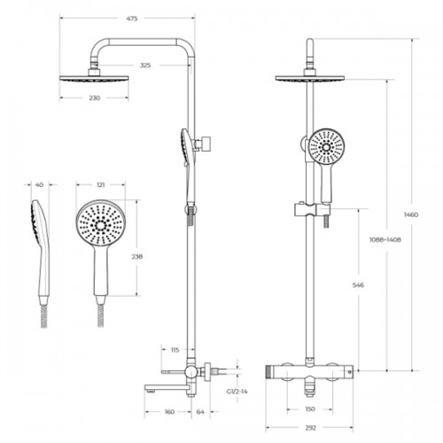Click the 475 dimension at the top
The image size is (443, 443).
(132, 19)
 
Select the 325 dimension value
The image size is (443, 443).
(145, 66)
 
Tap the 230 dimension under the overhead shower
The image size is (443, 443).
(95, 97)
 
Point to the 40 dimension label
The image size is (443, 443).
(39, 185)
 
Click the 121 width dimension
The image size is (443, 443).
(101, 185)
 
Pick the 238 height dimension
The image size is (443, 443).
(137, 257)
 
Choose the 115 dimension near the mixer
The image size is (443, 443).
(175, 350)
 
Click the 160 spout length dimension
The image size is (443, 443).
(169, 412)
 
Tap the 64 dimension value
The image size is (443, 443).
(200, 412)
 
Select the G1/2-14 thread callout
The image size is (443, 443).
(237, 392)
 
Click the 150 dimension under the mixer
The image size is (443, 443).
(310, 409)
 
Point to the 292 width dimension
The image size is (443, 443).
(310, 428)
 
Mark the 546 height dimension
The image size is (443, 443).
(358, 285)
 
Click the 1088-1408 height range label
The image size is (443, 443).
(385, 239)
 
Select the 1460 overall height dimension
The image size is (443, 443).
(411, 214)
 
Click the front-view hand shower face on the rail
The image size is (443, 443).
(326, 147)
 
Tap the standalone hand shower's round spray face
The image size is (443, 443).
(101, 223)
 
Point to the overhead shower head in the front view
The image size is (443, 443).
(310, 78)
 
